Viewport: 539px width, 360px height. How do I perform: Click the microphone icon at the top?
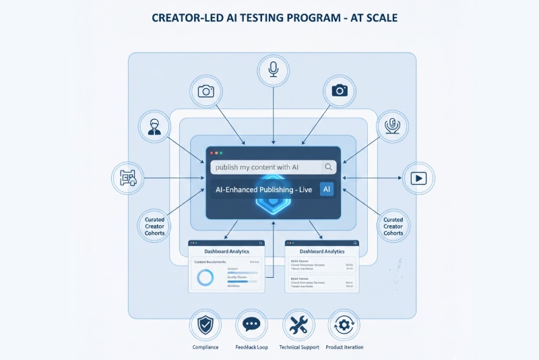point(273,70)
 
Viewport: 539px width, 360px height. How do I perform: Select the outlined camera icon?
point(205,91)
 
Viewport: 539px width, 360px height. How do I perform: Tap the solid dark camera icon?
point(340,90)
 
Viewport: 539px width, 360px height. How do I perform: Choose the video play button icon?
point(418,178)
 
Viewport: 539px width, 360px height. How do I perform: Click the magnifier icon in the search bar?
point(328,167)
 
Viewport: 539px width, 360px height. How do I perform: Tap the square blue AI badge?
point(327,189)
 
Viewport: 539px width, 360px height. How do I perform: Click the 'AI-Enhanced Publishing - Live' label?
point(264,190)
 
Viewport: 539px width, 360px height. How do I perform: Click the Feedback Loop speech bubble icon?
point(251,326)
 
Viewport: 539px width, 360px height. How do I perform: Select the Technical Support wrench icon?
point(297,326)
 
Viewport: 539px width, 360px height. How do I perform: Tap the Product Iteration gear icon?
point(344,326)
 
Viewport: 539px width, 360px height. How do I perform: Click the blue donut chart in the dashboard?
point(204,276)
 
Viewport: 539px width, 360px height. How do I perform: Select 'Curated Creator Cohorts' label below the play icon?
point(393,227)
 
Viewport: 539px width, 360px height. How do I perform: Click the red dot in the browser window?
point(212,154)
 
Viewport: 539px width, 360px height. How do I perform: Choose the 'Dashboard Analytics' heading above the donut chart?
point(226,251)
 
